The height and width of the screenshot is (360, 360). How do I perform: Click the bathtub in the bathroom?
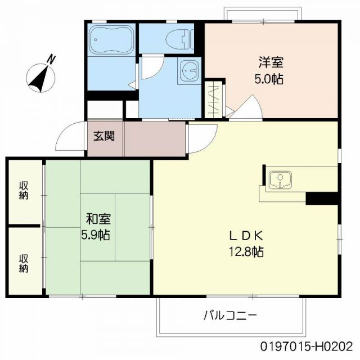(110, 40)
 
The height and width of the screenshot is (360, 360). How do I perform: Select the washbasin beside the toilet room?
(190, 71)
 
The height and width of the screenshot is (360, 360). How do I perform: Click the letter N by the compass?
(51, 58)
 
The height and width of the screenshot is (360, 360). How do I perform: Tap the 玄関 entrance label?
(104, 136)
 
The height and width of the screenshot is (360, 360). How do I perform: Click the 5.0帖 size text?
(268, 79)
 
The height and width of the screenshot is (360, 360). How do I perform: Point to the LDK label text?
(245, 235)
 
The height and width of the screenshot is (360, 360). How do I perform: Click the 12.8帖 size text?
(245, 251)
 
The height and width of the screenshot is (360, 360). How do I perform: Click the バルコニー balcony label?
(230, 315)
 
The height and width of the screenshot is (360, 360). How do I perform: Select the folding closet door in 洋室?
(214, 100)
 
